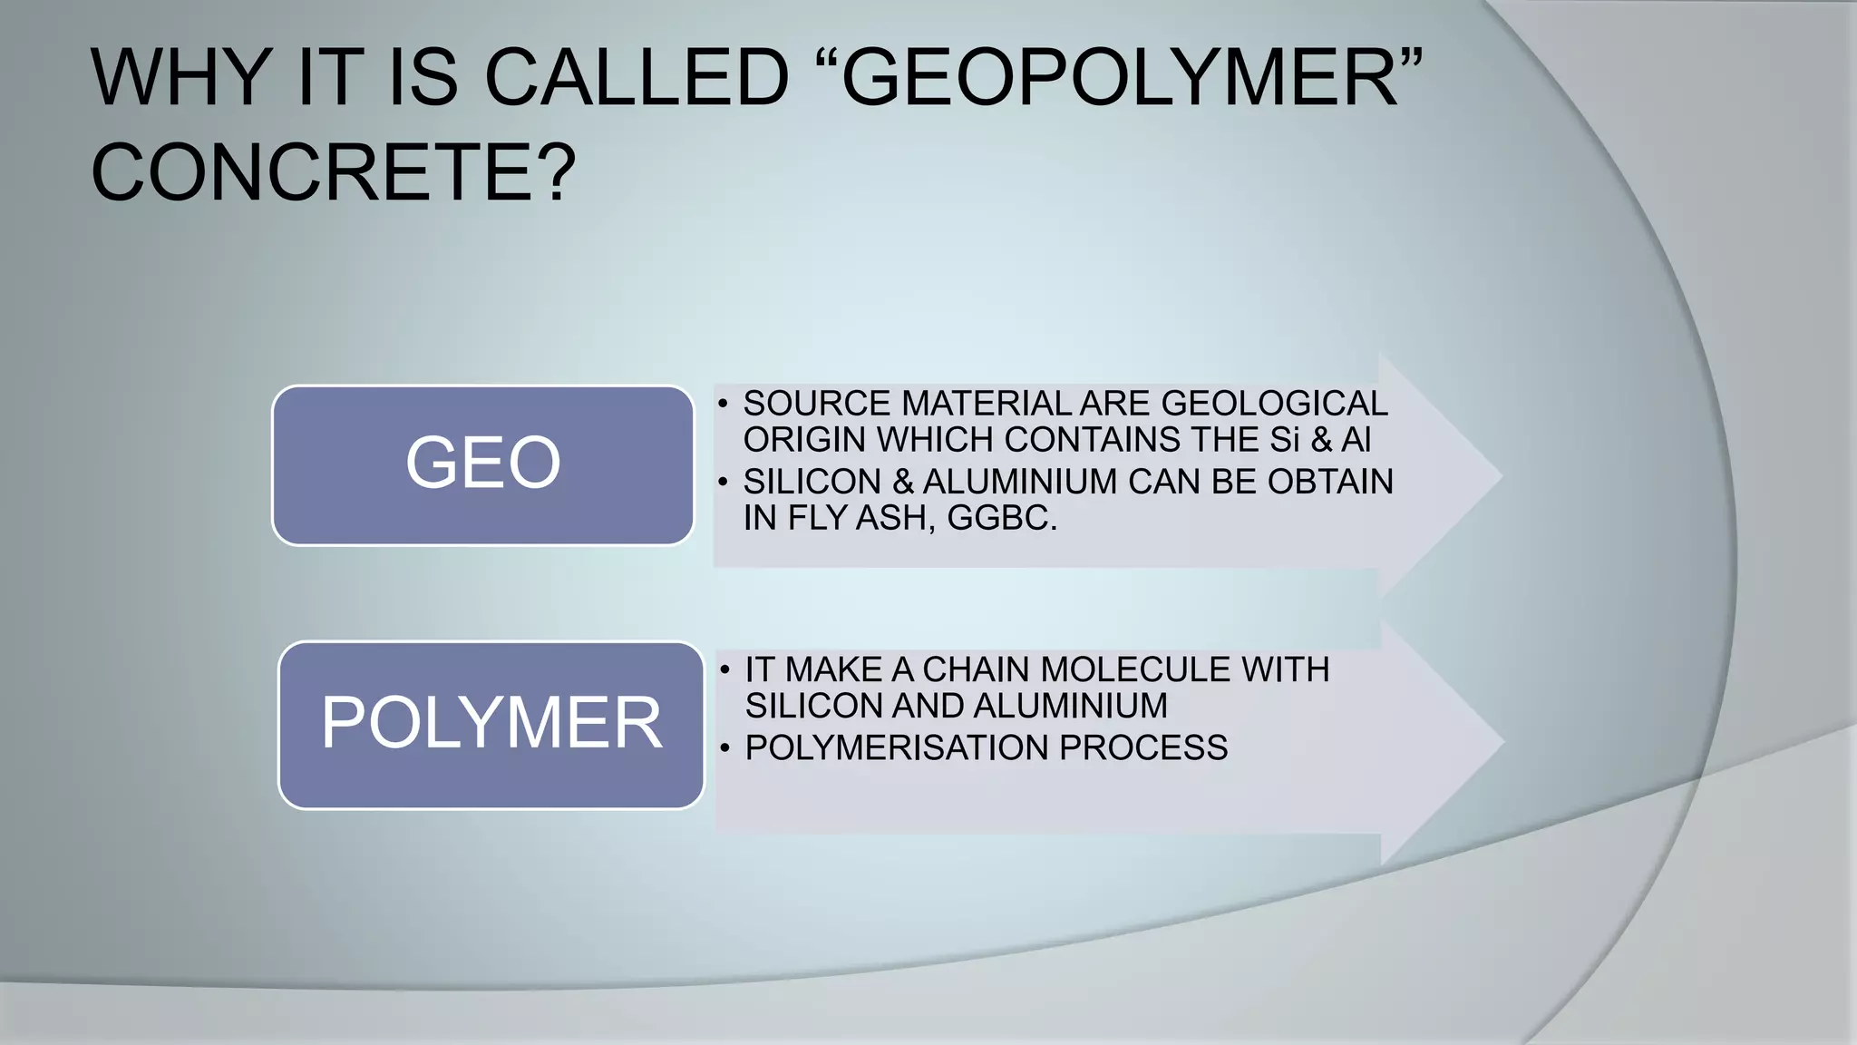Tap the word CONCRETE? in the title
tap(334, 172)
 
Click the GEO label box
tap(482, 464)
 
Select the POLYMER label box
tap(491, 724)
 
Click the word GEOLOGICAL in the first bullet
tap(1274, 404)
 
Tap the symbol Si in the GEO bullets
tap(1285, 440)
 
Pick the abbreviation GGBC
tap(1002, 518)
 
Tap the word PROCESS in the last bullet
tap(1143, 747)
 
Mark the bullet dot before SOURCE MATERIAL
tap(723, 405)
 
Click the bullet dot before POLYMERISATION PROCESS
tap(724, 748)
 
